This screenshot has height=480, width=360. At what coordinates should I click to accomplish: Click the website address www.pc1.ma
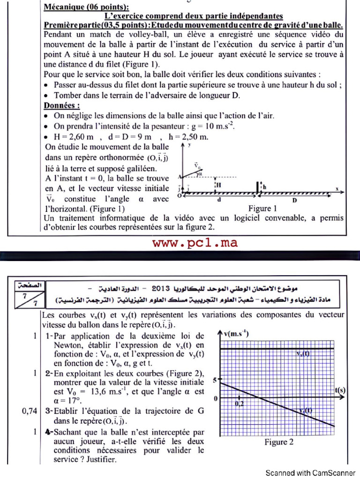tap(194, 243)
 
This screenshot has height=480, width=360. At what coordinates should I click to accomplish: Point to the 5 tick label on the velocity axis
tap(215, 381)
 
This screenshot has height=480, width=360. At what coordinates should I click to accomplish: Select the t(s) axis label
tap(340, 390)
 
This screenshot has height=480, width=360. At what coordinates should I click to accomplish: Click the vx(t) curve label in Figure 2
tap(303, 354)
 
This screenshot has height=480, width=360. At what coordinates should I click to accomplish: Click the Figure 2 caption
tap(279, 442)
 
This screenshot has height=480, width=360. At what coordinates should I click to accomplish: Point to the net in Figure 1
tap(258, 187)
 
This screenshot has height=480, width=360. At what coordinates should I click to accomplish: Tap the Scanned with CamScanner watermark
tap(310, 472)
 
